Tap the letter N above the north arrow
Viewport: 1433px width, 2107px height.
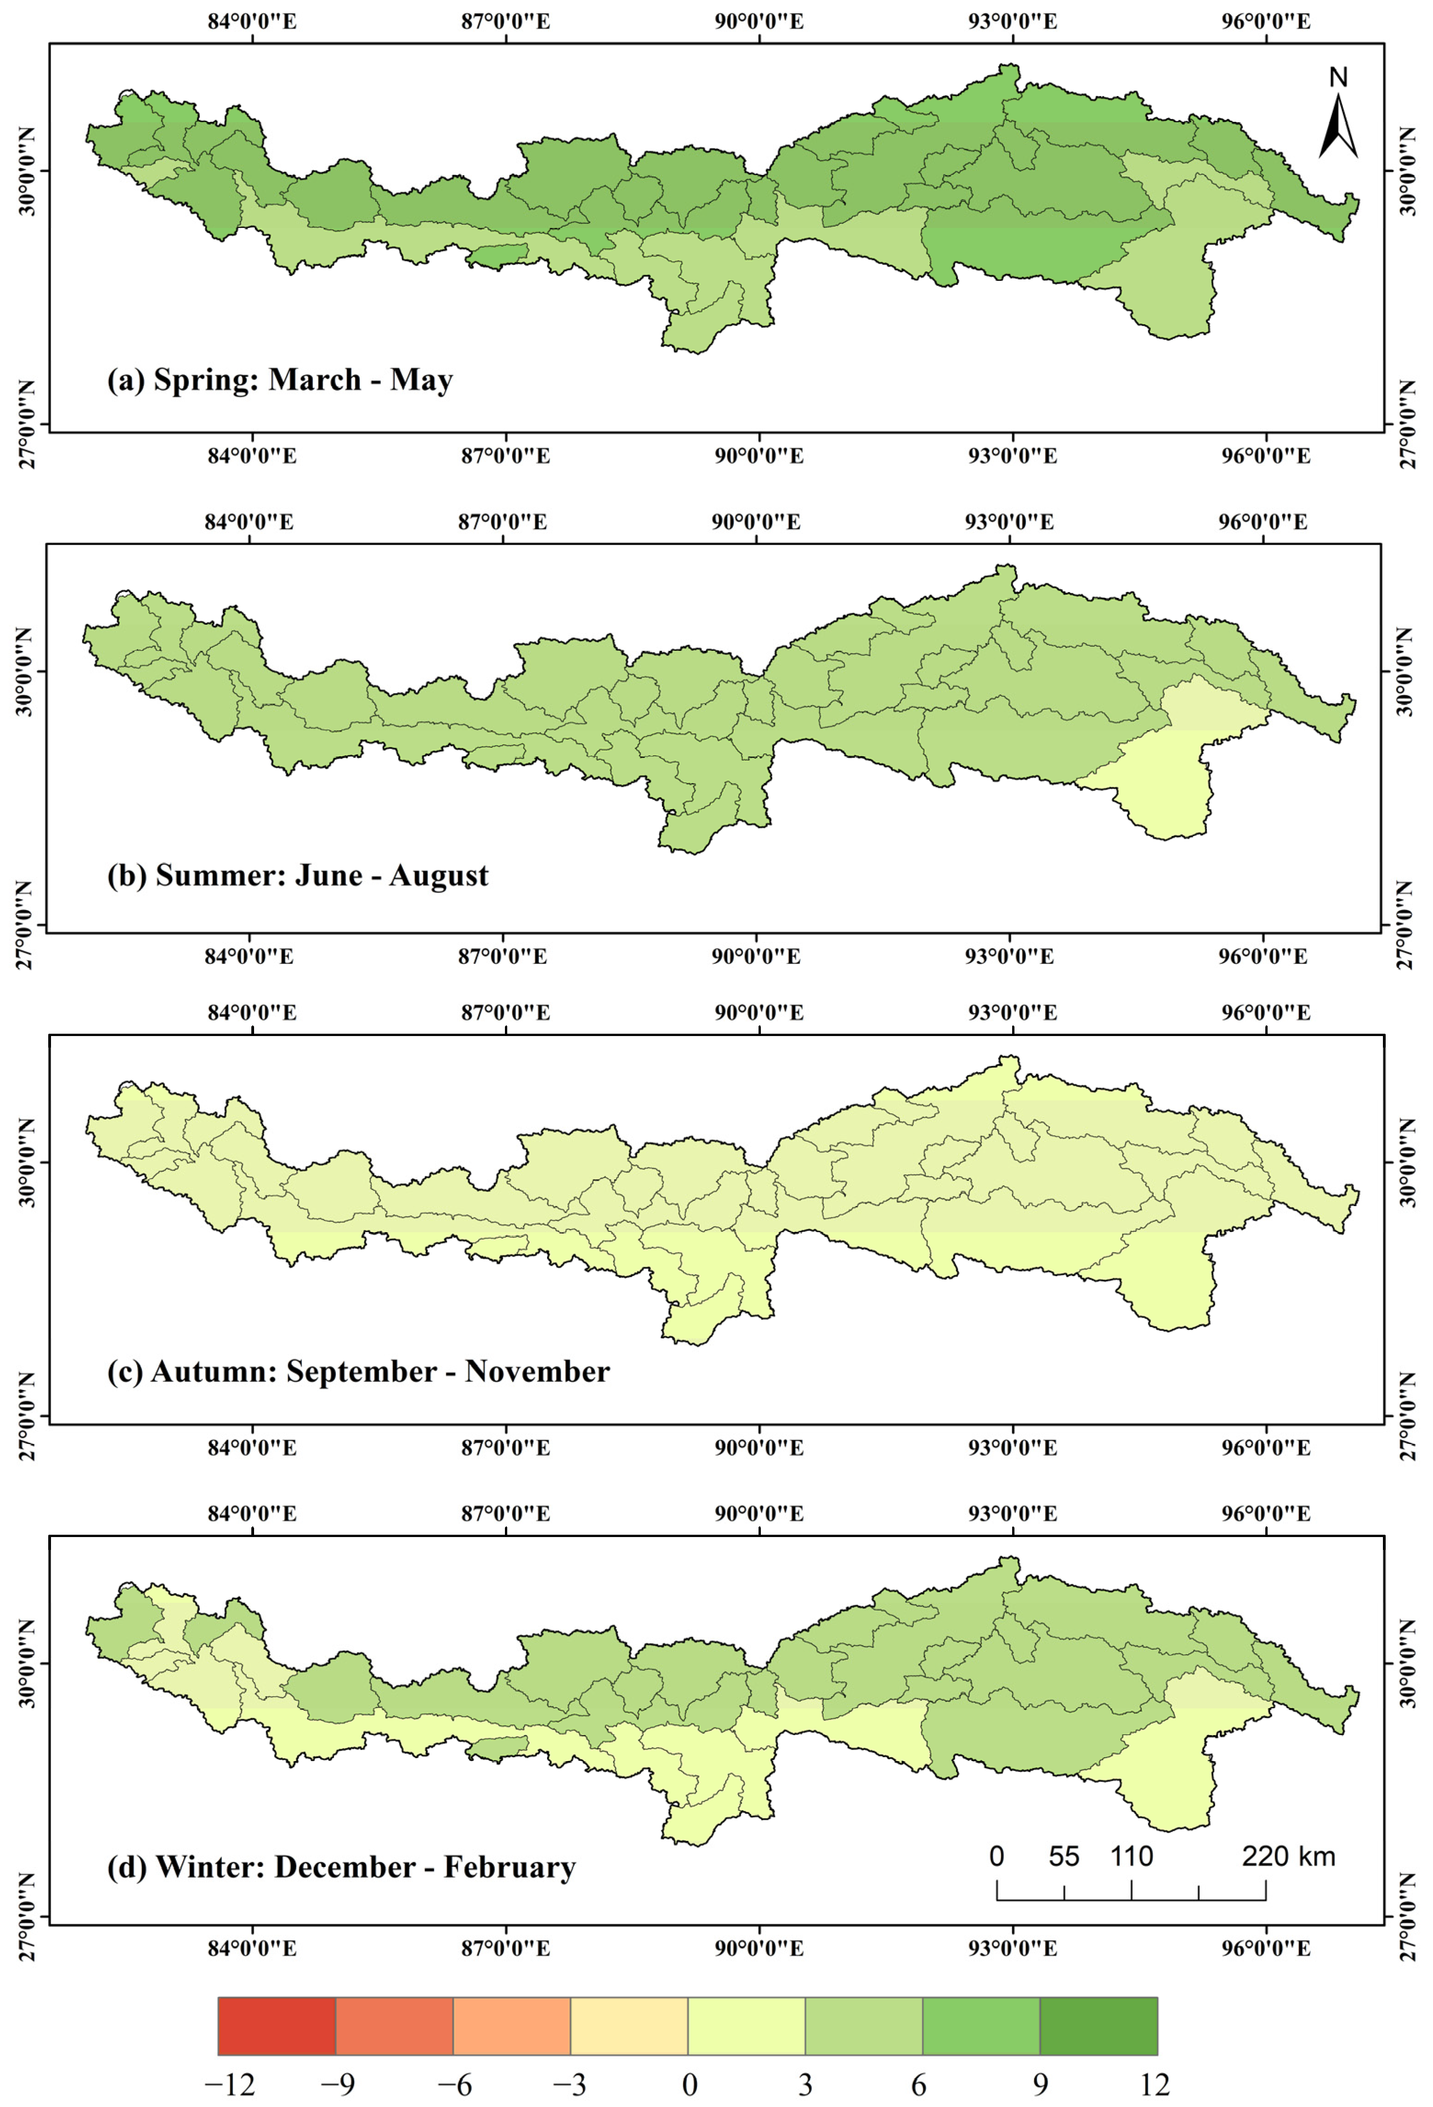click(x=1338, y=78)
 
